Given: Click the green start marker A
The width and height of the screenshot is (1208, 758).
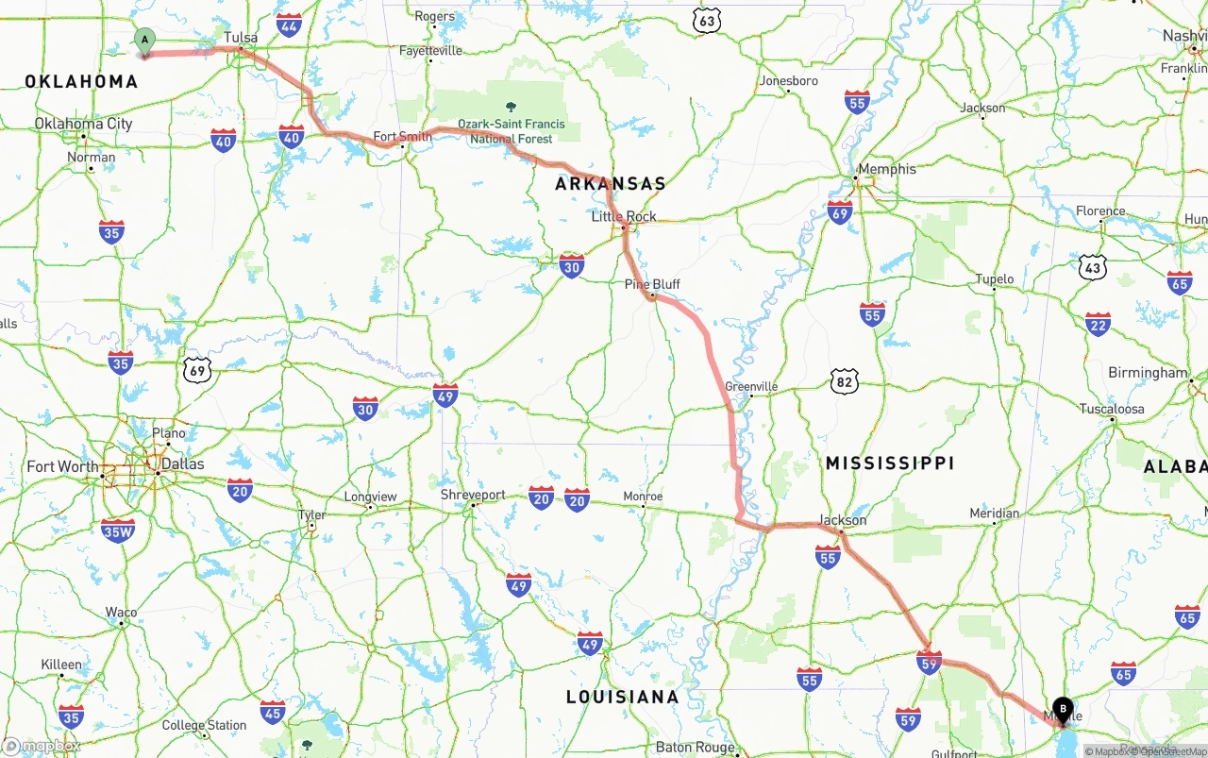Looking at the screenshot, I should point(144,41).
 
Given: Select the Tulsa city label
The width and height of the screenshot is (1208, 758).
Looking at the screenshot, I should point(241,38).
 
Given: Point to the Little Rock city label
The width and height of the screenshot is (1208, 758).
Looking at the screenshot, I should point(624,216).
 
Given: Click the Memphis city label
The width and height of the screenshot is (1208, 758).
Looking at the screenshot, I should point(886,169).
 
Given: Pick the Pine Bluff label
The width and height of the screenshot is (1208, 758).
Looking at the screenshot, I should point(652,284).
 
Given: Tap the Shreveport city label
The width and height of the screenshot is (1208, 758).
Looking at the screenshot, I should point(473,495).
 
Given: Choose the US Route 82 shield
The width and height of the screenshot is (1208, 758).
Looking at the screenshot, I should point(845,380).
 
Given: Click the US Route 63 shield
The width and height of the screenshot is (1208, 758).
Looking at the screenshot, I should point(706,20).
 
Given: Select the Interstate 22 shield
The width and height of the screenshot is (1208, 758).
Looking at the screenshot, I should point(1097,325).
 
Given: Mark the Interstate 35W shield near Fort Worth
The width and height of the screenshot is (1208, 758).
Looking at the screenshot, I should point(118,531).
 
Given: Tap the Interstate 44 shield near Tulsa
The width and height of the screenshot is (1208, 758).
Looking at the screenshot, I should point(290,25).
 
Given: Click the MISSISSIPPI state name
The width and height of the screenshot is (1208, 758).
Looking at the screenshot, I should point(889,463).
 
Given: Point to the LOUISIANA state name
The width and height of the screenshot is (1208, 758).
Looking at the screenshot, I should point(622,697).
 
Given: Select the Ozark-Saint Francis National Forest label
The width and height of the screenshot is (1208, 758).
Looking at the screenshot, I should point(512,130).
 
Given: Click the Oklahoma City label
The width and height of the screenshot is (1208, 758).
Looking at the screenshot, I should point(83,124).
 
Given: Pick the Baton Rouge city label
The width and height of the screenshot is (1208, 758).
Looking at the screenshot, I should point(696,747).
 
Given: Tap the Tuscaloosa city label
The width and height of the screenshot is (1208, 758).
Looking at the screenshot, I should point(1112,409).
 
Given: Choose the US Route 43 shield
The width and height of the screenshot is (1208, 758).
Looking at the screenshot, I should point(1093,268).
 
